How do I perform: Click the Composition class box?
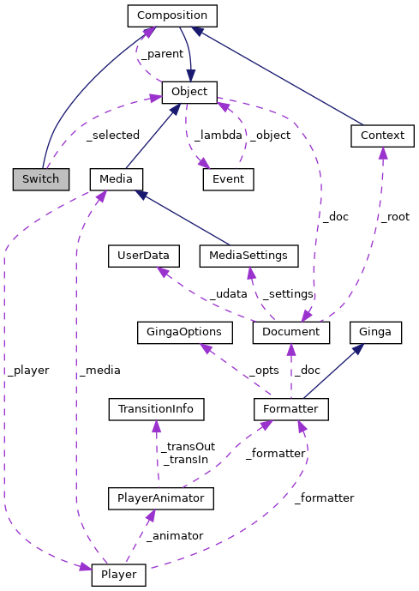(172, 15)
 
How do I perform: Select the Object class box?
(189, 92)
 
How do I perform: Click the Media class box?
(116, 178)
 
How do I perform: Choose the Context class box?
(382, 135)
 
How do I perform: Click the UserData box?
(144, 255)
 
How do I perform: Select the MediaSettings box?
(248, 255)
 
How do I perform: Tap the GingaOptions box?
(185, 331)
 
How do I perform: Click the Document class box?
(291, 331)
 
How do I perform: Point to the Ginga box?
(375, 331)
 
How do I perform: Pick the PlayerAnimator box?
(160, 497)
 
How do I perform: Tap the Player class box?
(119, 574)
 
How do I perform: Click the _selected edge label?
(111, 135)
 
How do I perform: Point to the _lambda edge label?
(218, 135)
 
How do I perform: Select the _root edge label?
(395, 218)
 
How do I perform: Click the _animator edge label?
(174, 535)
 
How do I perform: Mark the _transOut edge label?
(189, 446)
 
